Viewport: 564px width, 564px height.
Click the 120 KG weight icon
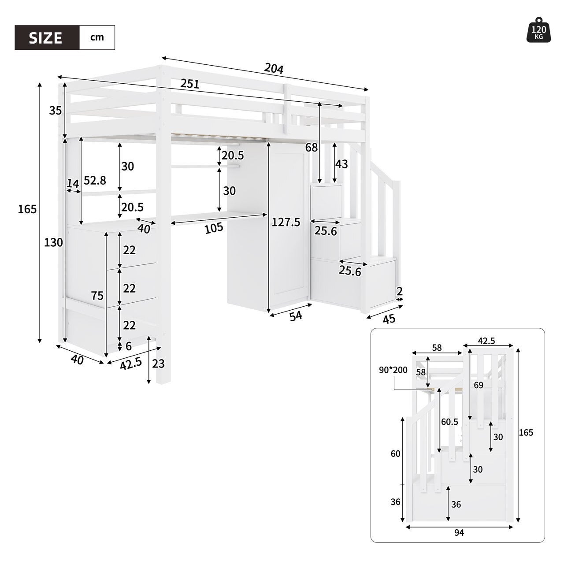[539, 31]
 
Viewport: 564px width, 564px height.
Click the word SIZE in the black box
[46, 37]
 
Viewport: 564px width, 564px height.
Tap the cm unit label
[97, 37]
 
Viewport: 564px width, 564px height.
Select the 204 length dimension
[274, 68]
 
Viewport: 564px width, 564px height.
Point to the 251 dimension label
[190, 84]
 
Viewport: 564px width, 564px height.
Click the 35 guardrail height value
[55, 111]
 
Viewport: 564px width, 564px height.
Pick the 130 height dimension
[53, 242]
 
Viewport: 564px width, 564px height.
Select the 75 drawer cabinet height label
[97, 296]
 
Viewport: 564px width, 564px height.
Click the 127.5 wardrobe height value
[286, 222]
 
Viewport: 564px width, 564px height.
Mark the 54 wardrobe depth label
[296, 316]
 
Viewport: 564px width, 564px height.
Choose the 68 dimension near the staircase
[311, 148]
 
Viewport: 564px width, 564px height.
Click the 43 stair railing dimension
[341, 164]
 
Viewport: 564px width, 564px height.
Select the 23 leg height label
[158, 364]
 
